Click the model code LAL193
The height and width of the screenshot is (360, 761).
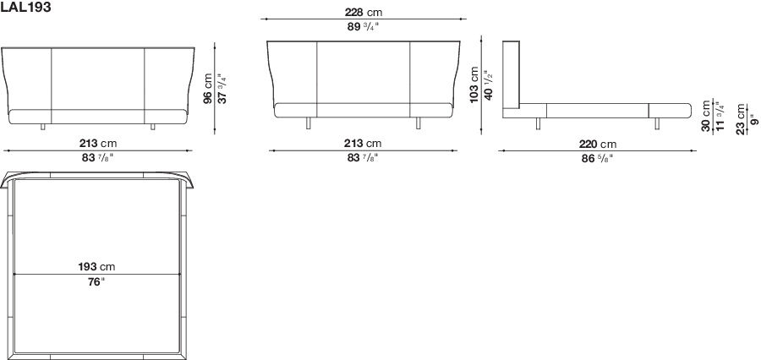click(27, 7)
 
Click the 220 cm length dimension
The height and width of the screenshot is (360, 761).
click(596, 144)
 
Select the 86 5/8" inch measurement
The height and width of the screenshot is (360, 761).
click(596, 158)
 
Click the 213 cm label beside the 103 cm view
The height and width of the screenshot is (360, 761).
click(361, 144)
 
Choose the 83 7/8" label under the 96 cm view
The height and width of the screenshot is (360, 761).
click(96, 158)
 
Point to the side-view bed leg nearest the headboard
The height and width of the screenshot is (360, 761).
click(538, 125)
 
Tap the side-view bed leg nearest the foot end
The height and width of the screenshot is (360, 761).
click(655, 125)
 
